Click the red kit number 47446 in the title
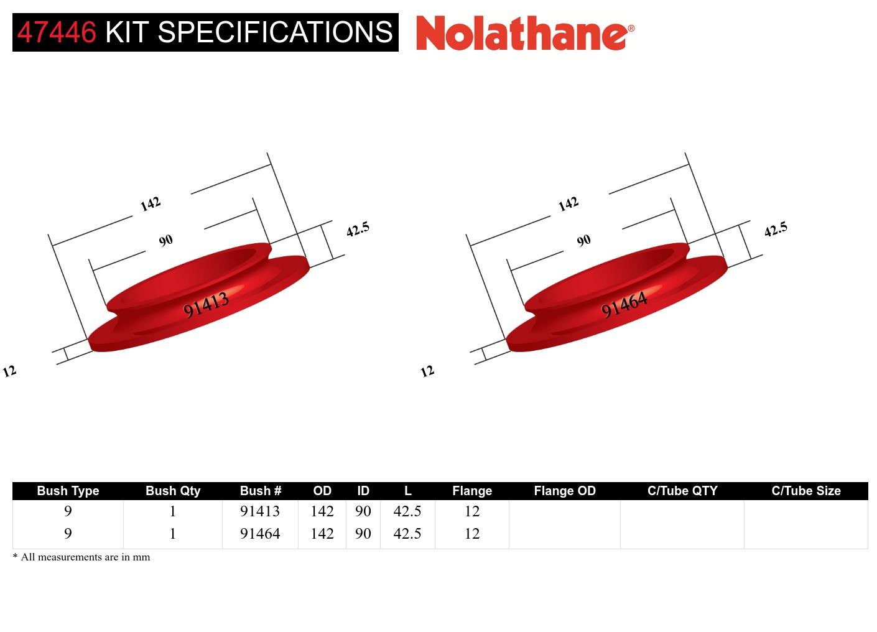pyautogui.click(x=57, y=32)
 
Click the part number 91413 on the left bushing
pyautogui.click(x=206, y=304)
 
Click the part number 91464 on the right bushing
pyautogui.click(x=624, y=304)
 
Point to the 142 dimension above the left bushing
pyautogui.click(x=151, y=204)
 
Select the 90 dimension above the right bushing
pyautogui.click(x=583, y=241)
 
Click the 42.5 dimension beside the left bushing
pyautogui.click(x=358, y=229)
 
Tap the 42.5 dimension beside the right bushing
pyautogui.click(x=776, y=229)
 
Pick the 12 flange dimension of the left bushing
pyautogui.click(x=9, y=371)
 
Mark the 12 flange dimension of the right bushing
pyautogui.click(x=427, y=371)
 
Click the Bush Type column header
pyautogui.click(x=68, y=491)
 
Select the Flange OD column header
pyautogui.click(x=565, y=491)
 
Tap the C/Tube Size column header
pyautogui.click(x=806, y=491)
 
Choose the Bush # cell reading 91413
pyautogui.click(x=260, y=511)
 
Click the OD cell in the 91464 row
pyautogui.click(x=322, y=534)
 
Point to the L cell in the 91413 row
pyautogui.click(x=407, y=511)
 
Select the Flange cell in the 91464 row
pyautogui.click(x=472, y=534)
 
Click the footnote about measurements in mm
pyautogui.click(x=81, y=557)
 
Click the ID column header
pyautogui.click(x=363, y=491)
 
